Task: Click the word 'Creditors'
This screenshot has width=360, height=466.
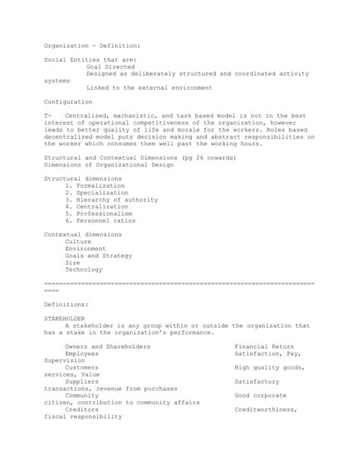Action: pyautogui.click(x=83, y=411)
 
